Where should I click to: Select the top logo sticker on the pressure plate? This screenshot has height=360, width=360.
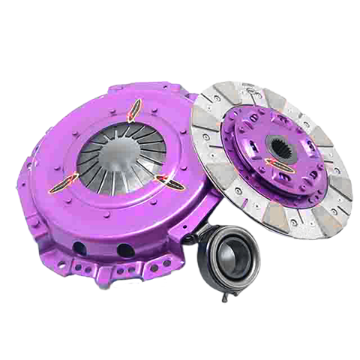tap(133, 111)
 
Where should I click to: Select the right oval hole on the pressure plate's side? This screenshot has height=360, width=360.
tap(125, 250)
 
